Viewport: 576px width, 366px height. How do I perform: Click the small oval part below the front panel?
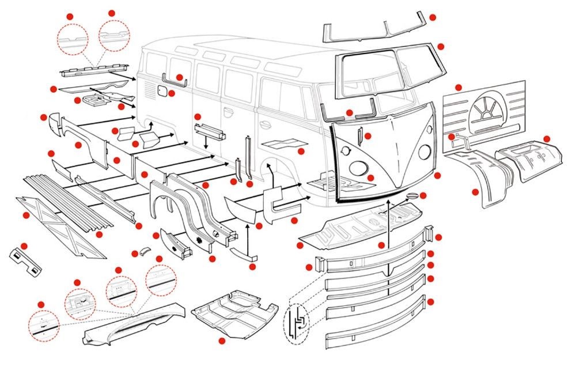tap(412, 198)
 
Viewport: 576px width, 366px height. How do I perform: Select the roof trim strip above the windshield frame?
tap(374, 31)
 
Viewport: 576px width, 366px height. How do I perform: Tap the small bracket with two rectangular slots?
tap(26, 260)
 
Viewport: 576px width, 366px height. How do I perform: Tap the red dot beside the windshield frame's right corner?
tap(441, 47)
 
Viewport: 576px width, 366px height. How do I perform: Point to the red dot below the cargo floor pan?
tap(222, 341)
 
